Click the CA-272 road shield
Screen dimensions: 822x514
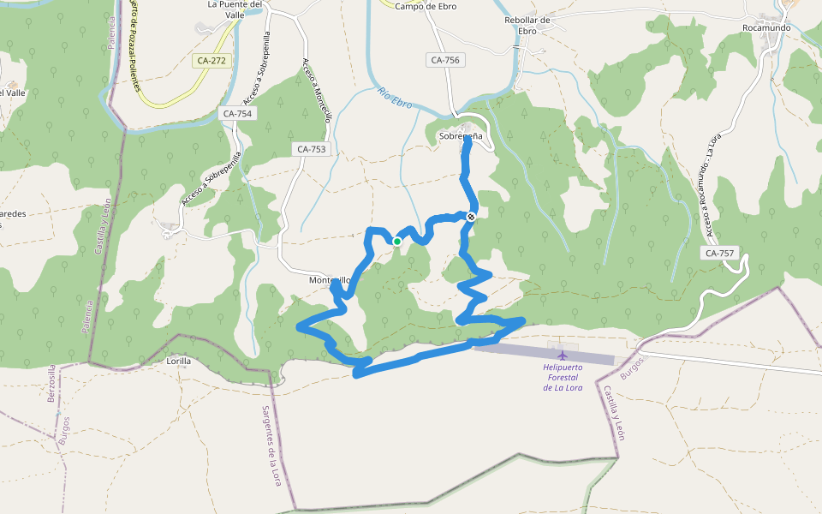[211, 61]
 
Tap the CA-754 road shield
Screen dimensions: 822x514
[237, 113]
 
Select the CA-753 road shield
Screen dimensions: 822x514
[313, 149]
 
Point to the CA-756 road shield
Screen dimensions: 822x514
[445, 60]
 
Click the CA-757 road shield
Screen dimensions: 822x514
[719, 253]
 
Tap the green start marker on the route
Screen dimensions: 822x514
[397, 242]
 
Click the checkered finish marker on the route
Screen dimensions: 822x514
[471, 217]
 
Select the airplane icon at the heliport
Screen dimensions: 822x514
[563, 355]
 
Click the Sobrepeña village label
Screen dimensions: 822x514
[461, 136]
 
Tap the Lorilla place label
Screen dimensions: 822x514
[178, 362]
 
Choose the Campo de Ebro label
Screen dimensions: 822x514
[426, 7]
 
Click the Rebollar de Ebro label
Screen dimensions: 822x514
[527, 26]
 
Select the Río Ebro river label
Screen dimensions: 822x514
[395, 98]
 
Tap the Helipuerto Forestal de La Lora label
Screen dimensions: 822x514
[563, 378]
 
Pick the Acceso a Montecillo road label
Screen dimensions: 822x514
[315, 91]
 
